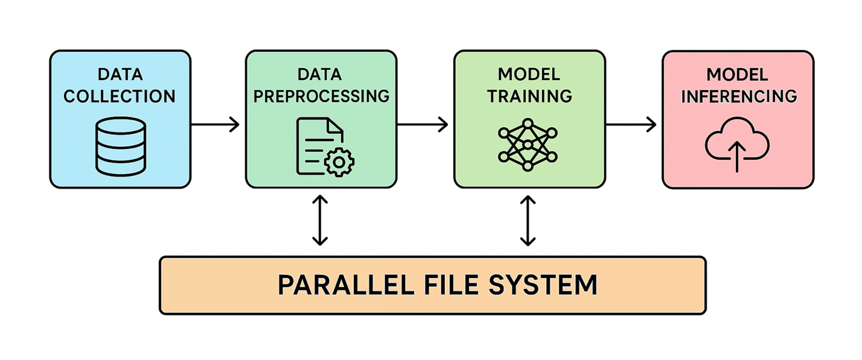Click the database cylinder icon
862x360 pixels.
[x=121, y=147]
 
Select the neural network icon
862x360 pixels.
[x=528, y=145]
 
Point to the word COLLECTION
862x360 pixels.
[x=120, y=96]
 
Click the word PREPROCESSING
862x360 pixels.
[x=321, y=96]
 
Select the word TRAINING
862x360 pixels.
[x=529, y=95]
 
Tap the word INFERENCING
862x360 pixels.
[x=738, y=96]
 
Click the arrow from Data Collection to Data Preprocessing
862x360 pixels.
[x=215, y=125]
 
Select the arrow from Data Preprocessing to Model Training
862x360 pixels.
[x=423, y=125]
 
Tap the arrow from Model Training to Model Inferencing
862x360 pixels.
[x=631, y=125]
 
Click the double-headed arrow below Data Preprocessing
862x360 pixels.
[x=320, y=220]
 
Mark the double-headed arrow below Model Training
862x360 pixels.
[x=528, y=220]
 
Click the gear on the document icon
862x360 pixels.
[x=339, y=161]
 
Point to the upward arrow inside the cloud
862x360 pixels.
[x=737, y=159]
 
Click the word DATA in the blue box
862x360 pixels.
[x=120, y=75]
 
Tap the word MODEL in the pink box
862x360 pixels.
[x=737, y=75]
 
